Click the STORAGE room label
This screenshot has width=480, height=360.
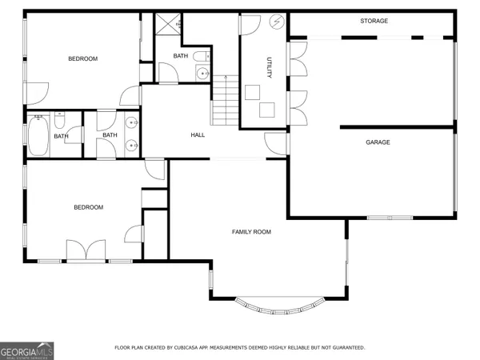(x=374, y=21)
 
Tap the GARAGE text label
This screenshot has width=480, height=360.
(x=378, y=142)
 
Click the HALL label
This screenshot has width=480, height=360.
(x=198, y=135)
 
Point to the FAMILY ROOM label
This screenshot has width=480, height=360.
(x=251, y=232)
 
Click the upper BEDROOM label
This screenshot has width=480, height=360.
(x=82, y=59)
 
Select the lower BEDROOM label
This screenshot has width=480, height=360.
(x=88, y=207)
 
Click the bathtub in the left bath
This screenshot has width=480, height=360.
(x=38, y=135)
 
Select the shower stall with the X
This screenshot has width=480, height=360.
(x=166, y=25)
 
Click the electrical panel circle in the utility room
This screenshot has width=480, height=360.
(x=278, y=22)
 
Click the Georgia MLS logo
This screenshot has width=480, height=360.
(x=27, y=350)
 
